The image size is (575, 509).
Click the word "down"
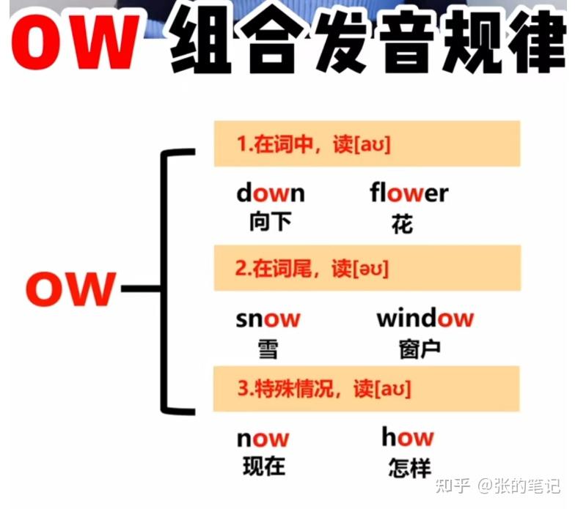(270, 193)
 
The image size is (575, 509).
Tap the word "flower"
(409, 193)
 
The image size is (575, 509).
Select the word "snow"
(268, 319)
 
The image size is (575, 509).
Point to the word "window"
(425, 319)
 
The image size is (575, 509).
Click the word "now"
(263, 439)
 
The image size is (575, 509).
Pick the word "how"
(407, 437)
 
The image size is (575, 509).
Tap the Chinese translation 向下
(270, 222)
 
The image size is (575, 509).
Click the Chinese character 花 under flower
(402, 224)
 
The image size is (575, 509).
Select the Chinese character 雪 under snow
(268, 348)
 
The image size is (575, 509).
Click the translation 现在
(263, 466)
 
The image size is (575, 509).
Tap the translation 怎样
(410, 467)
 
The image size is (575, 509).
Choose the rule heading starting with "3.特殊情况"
(323, 388)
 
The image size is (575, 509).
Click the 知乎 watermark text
(453, 486)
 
